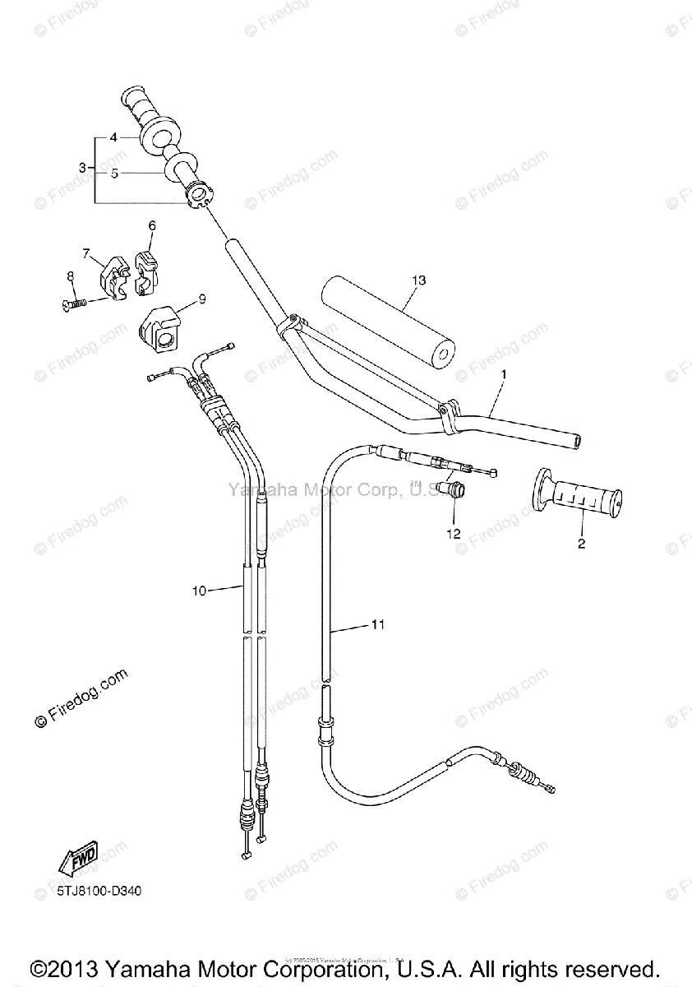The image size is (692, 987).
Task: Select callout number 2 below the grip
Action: tap(581, 544)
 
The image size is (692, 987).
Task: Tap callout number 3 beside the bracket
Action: tap(82, 168)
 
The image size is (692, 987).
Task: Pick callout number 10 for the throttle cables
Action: tap(197, 590)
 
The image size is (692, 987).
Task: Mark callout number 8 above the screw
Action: tap(71, 276)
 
